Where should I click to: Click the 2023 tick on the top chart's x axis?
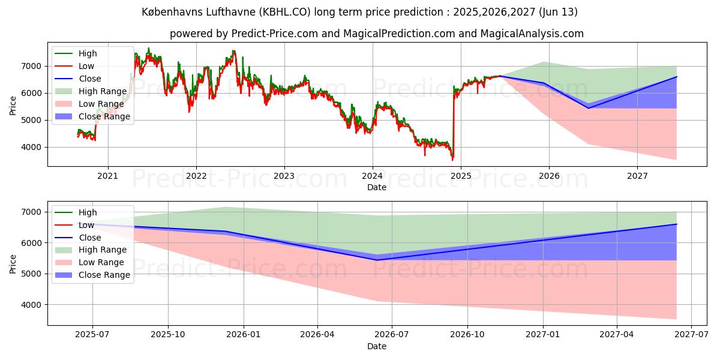pos(284,176)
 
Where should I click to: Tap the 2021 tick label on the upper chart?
pos(108,176)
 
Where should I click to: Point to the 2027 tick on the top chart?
pos(637,176)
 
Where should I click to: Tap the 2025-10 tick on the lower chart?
pos(168,335)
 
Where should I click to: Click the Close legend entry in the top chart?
pos(89,79)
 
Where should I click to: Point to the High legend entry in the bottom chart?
pos(88,212)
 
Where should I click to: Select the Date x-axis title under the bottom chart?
pos(377,346)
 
